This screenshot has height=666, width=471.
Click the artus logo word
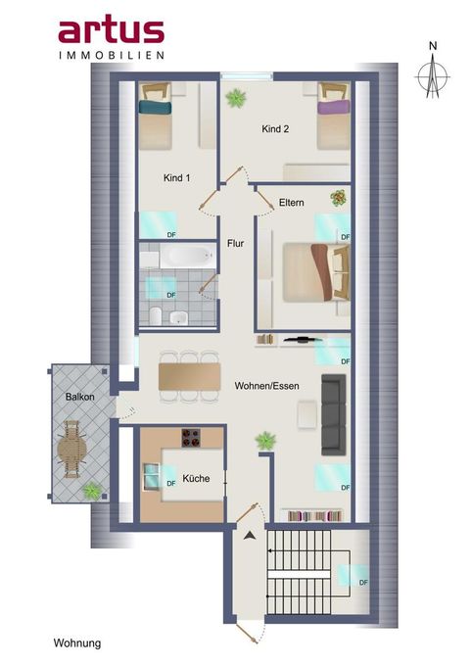[112, 31]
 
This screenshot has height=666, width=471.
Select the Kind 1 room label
[176, 177]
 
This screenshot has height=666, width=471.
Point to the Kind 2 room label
[275, 128]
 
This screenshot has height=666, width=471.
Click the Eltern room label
[292, 203]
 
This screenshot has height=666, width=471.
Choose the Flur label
[236, 243]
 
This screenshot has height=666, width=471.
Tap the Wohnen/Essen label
[266, 386]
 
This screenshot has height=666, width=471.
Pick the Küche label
[196, 478]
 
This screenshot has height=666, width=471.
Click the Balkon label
[80, 397]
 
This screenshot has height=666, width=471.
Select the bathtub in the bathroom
[187, 257]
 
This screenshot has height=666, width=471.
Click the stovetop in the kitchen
[191, 438]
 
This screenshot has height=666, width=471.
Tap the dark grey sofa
[333, 414]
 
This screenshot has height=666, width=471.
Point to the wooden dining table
[189, 376]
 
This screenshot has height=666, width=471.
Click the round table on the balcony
[71, 449]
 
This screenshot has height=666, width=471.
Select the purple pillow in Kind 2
[333, 106]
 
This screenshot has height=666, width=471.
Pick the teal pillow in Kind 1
[155, 107]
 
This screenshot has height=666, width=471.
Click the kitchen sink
[151, 476]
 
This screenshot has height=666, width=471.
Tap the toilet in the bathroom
[156, 316]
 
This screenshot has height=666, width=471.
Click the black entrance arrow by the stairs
[250, 536]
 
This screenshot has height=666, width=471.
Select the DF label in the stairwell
[363, 583]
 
